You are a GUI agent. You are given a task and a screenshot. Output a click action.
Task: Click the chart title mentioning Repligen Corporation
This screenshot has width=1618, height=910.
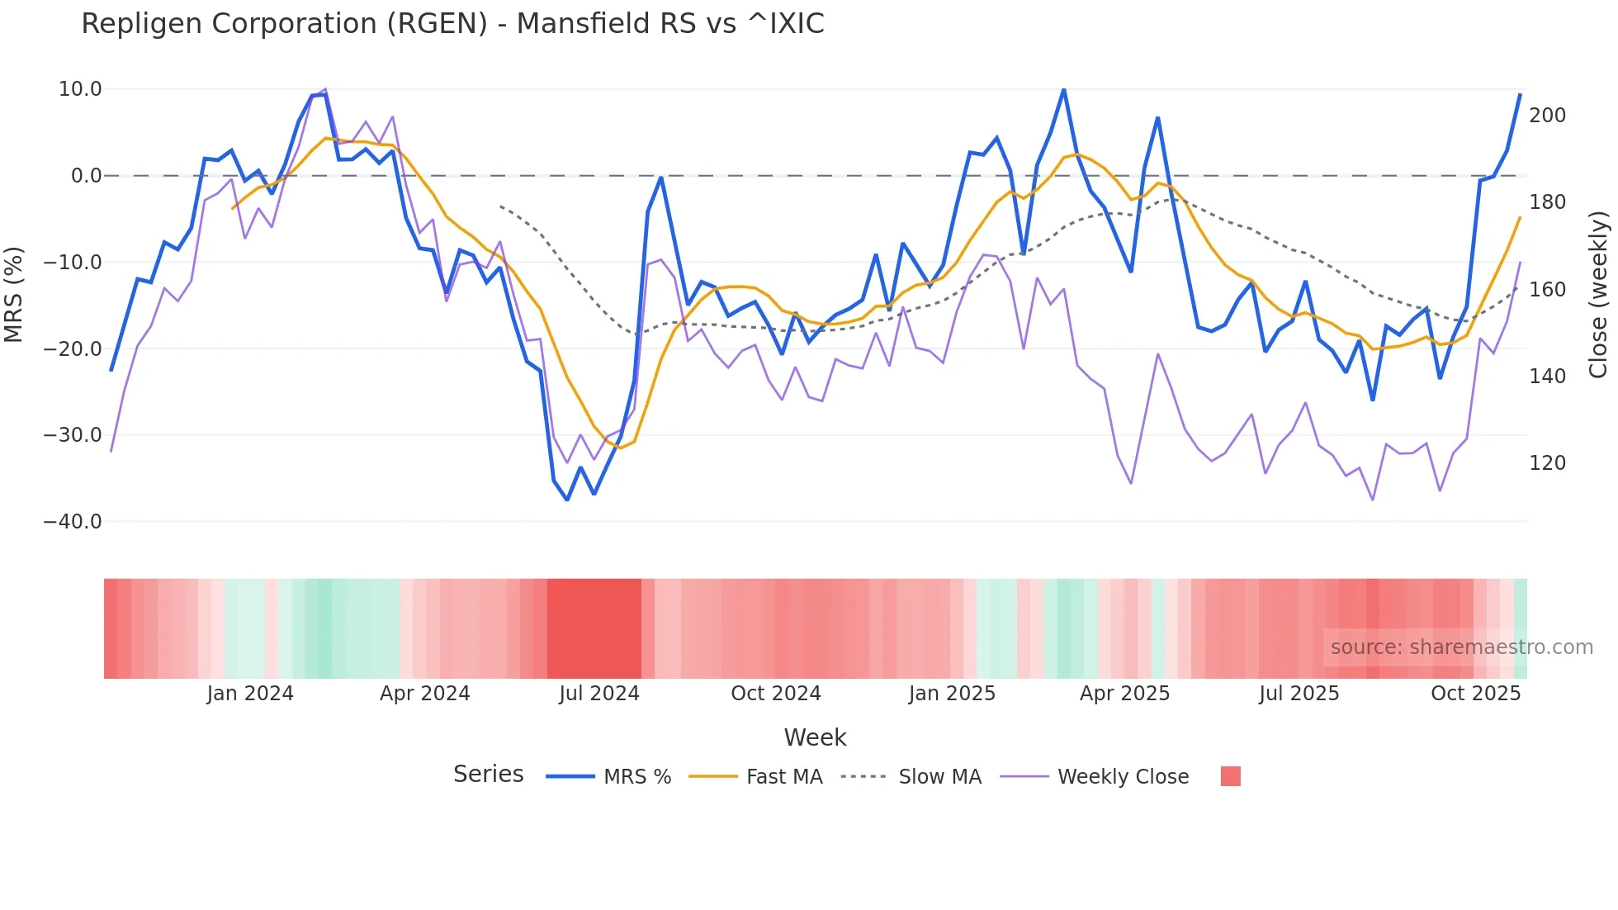click(452, 24)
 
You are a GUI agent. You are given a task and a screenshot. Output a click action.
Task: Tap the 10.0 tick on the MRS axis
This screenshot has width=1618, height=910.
click(80, 89)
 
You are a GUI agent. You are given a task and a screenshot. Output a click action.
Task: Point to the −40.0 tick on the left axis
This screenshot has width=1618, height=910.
click(73, 522)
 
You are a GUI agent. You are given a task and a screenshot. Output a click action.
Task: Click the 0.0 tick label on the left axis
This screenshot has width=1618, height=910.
click(86, 176)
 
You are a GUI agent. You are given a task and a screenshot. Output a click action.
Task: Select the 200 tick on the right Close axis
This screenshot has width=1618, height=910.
click(1547, 116)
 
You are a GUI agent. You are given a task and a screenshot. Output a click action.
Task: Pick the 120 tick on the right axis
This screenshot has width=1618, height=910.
click(1547, 463)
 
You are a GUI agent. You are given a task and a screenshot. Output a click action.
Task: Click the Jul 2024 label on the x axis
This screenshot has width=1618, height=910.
click(599, 694)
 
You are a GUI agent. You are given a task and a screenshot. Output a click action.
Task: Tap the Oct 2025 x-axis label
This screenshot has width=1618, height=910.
click(1475, 694)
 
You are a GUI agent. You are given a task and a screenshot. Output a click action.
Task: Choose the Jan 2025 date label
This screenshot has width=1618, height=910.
click(952, 694)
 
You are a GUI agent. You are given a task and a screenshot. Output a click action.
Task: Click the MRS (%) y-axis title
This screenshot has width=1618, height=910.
click(14, 295)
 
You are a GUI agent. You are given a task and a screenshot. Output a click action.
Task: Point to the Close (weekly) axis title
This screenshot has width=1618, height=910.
click(1598, 295)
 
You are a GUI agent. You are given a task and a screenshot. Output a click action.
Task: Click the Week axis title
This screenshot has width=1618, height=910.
click(815, 737)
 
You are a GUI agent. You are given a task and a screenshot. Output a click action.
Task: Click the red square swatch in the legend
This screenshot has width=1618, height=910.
click(1230, 776)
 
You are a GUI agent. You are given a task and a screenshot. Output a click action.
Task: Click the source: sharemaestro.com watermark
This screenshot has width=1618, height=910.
click(1461, 647)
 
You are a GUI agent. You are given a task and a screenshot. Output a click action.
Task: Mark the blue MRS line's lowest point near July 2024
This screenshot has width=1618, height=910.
click(567, 500)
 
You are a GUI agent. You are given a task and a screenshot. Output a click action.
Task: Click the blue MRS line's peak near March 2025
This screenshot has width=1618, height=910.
click(1063, 89)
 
